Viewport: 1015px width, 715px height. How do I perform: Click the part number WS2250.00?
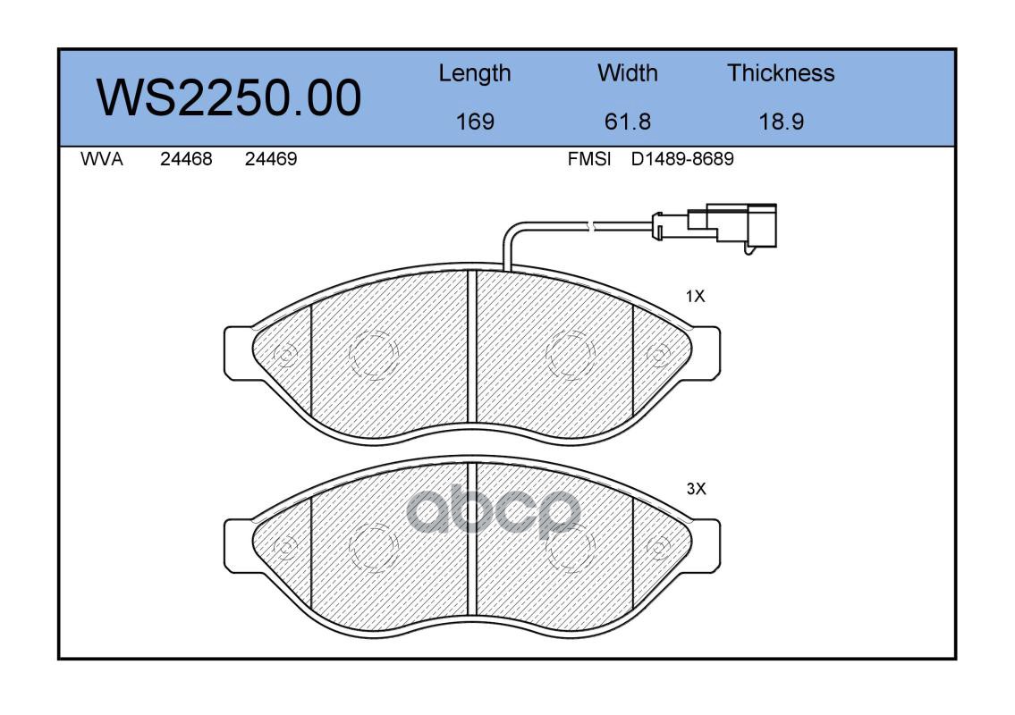coord(229,98)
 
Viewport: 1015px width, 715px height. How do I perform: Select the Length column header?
coord(475,74)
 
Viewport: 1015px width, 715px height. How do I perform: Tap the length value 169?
coord(475,122)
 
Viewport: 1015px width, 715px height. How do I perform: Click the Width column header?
coord(627,72)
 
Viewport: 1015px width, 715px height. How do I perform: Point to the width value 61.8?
coord(627,122)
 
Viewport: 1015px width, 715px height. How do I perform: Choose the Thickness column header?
coord(781,72)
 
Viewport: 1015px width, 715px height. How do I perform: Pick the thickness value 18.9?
coord(782,122)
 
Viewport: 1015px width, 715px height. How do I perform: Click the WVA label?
coord(102,159)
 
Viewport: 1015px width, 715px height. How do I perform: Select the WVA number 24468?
coord(186,159)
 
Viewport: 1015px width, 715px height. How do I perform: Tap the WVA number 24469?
coord(271,159)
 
